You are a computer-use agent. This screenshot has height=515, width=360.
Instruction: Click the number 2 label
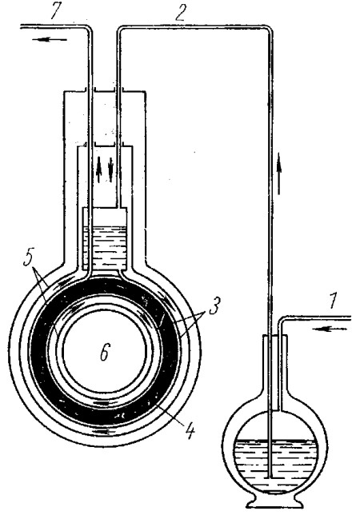point(179,12)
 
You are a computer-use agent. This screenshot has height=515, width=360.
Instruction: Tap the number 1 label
point(333,301)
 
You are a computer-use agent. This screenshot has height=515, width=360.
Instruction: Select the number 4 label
point(188,429)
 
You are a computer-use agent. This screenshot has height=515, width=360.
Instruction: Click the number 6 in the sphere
point(105,351)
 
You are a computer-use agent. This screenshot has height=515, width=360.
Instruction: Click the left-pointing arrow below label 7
point(50,40)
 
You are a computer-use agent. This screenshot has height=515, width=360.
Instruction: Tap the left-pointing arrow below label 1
point(331,328)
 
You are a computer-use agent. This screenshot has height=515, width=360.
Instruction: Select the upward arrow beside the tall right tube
point(279,173)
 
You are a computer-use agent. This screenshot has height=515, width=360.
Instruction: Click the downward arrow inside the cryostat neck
point(110,170)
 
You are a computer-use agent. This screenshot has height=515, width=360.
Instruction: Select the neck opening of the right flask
point(274,336)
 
